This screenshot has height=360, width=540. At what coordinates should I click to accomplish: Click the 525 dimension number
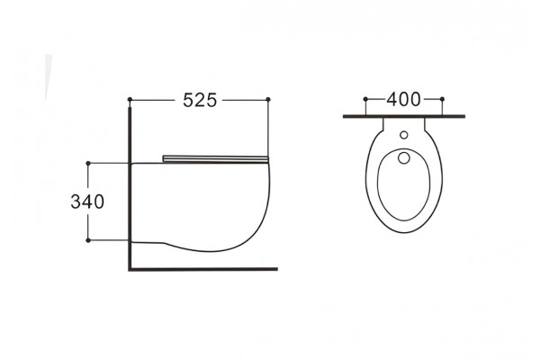200,100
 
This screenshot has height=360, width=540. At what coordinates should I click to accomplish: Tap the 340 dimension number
87,202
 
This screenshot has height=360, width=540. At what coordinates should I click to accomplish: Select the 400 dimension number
403,100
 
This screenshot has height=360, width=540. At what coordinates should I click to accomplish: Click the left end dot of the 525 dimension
130,99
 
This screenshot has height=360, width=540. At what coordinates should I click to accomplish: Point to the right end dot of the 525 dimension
268,99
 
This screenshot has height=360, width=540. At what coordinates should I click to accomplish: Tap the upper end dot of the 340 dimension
88,163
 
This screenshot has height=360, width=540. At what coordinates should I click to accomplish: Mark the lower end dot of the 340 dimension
88,240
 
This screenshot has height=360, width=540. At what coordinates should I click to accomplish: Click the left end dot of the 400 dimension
365,99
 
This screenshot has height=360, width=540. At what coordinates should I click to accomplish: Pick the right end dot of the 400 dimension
442,99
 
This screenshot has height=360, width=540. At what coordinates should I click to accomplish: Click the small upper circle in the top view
404,135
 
